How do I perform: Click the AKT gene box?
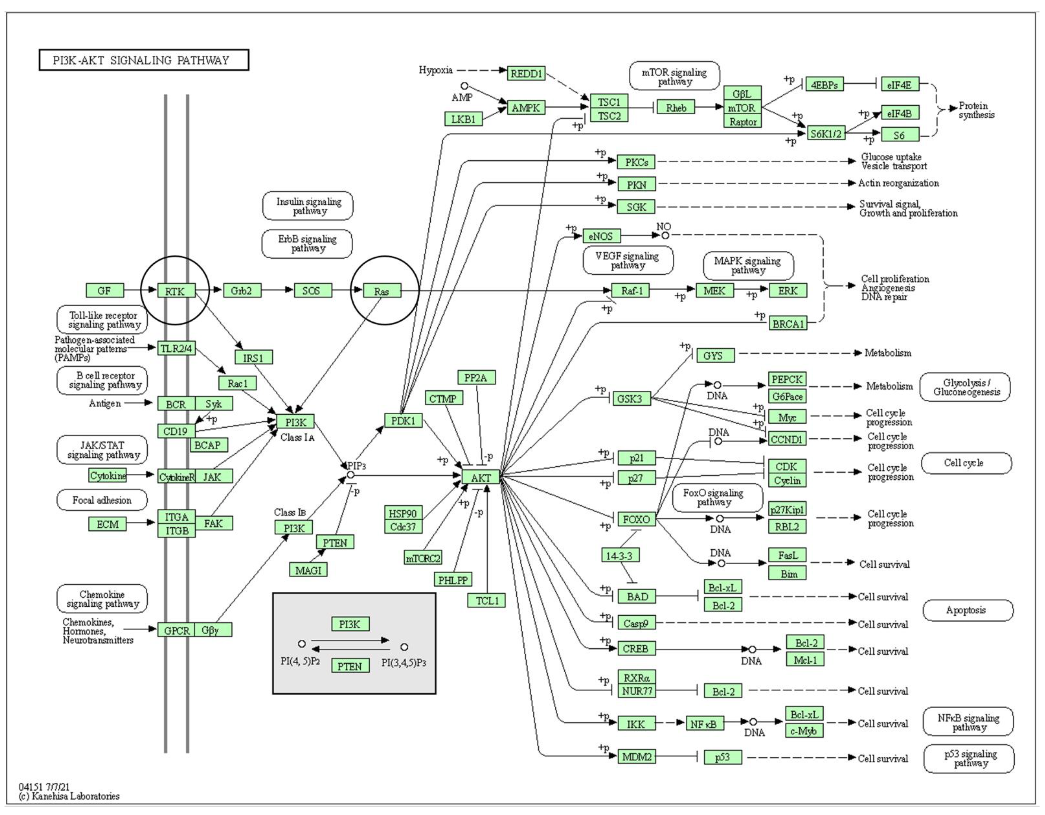coord(481,477)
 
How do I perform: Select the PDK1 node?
coord(403,421)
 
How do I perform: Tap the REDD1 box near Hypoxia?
coord(526,73)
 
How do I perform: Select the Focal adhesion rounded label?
coord(102,500)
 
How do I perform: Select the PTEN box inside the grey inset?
coord(350,666)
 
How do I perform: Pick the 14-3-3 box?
coord(620,555)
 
